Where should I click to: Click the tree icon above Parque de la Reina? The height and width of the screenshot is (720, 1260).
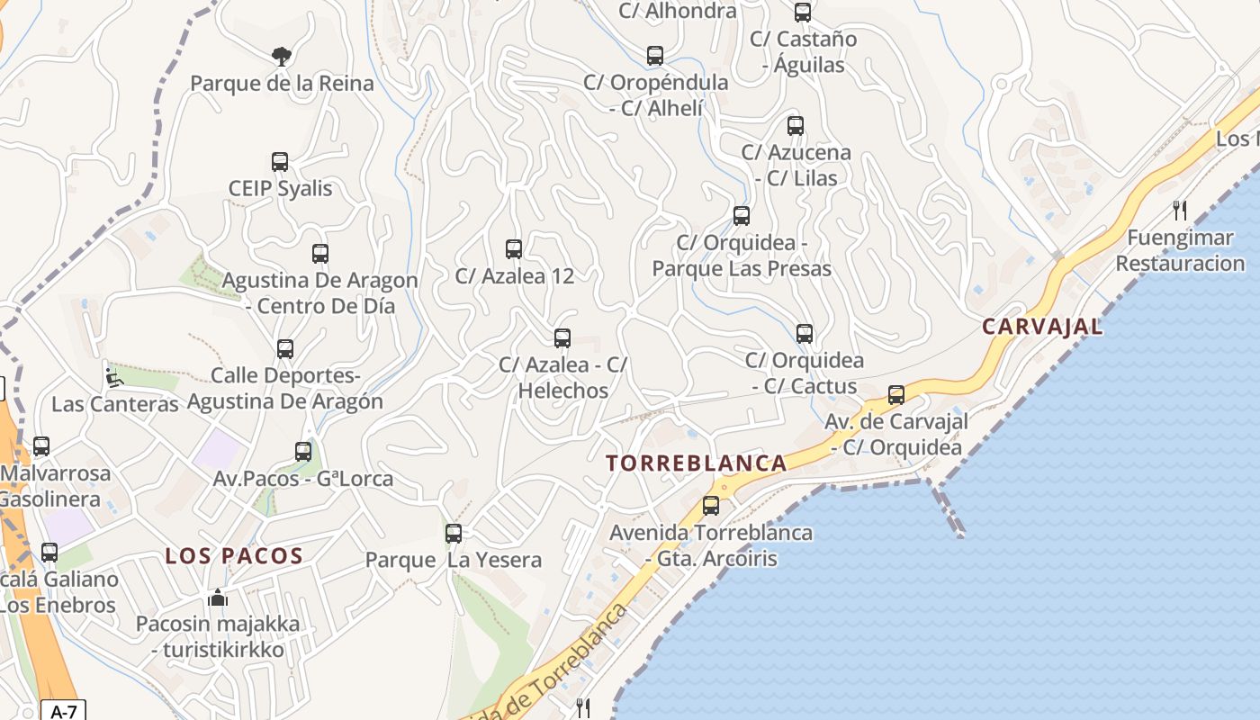click(281, 57)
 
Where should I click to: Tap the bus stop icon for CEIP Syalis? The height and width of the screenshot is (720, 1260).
click(280, 162)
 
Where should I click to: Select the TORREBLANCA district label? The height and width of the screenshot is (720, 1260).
click(696, 463)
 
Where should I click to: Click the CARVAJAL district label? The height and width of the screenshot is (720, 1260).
click(1042, 327)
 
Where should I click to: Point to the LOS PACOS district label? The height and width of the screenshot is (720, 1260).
click(234, 555)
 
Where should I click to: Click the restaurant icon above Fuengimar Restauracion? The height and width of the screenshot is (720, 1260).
click(1180, 211)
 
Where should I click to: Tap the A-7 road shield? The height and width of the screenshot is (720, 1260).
click(63, 712)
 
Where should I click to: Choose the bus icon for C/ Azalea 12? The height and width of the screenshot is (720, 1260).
click(514, 249)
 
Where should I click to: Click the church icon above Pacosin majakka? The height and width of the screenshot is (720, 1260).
click(218, 598)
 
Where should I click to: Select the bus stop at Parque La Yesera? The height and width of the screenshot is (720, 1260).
click(454, 534)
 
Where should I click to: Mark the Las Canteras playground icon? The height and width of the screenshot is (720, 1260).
click(113, 378)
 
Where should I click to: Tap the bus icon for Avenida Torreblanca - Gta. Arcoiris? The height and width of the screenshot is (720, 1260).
click(711, 506)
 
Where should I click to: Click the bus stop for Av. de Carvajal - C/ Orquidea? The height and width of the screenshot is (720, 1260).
click(896, 395)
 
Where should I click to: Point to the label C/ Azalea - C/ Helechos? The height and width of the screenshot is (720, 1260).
click(562, 378)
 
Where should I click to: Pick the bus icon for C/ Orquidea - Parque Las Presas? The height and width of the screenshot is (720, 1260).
click(742, 216)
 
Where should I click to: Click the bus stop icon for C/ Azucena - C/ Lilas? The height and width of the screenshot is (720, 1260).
click(796, 126)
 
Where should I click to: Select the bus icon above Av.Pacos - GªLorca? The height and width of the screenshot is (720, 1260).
click(303, 452)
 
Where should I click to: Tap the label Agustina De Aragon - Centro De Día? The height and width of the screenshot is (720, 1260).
click(320, 293)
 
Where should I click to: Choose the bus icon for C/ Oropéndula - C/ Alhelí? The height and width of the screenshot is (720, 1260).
click(655, 56)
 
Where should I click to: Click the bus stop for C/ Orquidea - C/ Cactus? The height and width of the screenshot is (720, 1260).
click(805, 334)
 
